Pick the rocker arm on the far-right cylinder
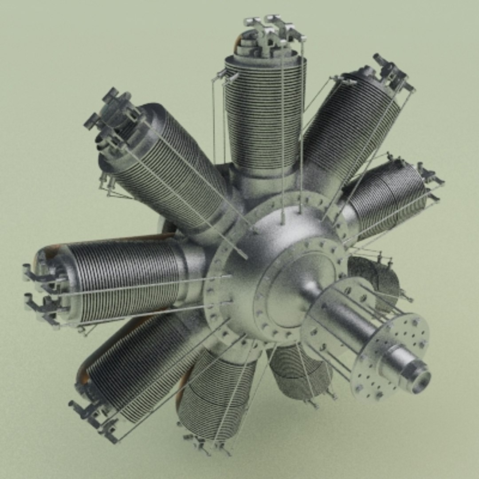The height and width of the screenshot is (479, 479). click(x=428, y=175)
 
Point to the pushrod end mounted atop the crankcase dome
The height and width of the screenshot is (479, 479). click(x=283, y=217)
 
